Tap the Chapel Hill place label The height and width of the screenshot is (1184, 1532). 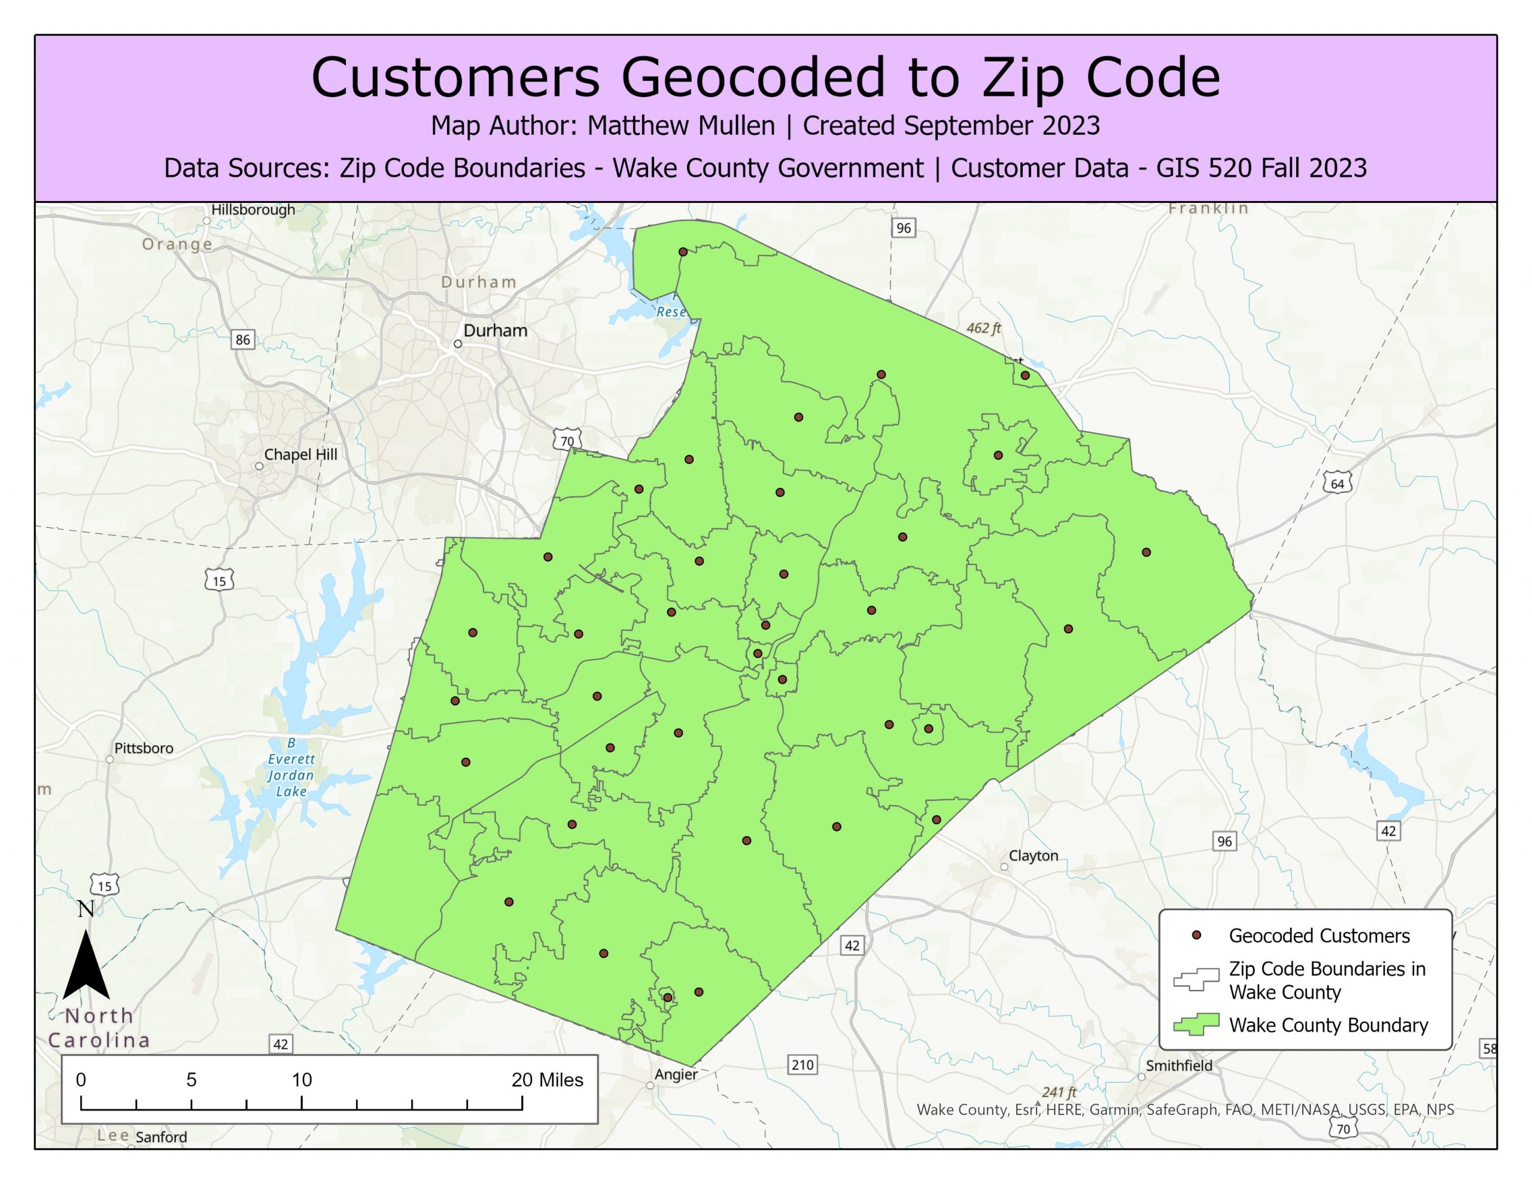coord(300,454)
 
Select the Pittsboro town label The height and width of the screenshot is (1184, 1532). coord(143,748)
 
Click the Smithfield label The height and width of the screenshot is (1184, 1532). coord(1178,1065)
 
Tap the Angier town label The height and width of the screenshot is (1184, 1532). coord(676,1074)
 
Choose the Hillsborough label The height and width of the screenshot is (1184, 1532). coord(253,210)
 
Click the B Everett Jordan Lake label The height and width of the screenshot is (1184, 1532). coord(291,767)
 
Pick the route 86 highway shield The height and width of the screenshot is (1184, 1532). coord(243,339)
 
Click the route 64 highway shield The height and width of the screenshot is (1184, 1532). coord(1337,484)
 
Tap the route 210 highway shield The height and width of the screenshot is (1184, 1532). coord(803,1065)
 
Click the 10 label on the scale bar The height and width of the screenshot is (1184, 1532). coord(302,1080)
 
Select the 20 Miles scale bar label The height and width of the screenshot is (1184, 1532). coord(547,1080)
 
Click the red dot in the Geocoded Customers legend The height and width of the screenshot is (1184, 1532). coord(1197,936)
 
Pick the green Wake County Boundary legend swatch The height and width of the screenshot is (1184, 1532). coord(1197,1025)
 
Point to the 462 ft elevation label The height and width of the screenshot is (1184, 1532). coord(983,328)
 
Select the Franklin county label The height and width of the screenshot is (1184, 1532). coord(1208,208)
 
